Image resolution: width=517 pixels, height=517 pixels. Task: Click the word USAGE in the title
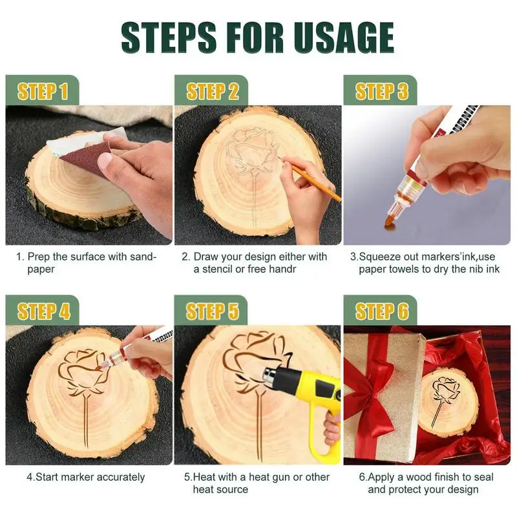coord(344,37)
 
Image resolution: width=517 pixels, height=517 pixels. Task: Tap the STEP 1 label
coord(43,91)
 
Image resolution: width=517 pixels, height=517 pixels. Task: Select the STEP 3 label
coord(381,91)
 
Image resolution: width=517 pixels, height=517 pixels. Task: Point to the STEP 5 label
coord(213,311)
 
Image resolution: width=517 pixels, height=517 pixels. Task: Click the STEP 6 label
coord(382,311)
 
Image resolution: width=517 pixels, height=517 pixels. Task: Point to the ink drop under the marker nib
coord(390,224)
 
